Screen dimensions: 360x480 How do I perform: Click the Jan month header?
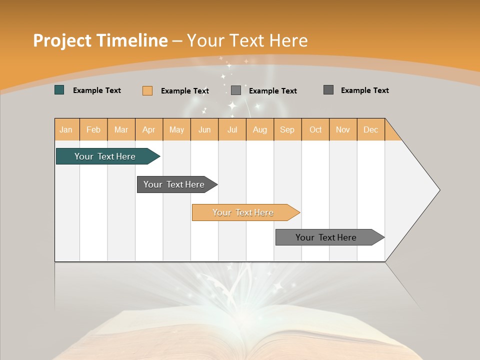tap(66, 129)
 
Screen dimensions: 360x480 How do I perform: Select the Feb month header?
tap(93, 129)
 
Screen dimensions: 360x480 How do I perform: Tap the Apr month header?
tap(148, 129)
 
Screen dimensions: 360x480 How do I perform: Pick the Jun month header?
tap(204, 129)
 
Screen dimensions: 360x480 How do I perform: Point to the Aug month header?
tap(260, 129)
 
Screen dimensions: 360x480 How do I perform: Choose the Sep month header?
tap(287, 129)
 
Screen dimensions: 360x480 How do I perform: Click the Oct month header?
tap(315, 129)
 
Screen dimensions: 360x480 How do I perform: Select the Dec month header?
tap(371, 129)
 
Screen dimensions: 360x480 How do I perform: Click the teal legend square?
tap(59, 90)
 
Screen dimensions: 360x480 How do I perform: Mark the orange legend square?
tap(147, 90)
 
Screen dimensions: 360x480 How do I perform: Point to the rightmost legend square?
tap(328, 90)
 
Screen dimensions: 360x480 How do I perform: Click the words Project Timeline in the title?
tap(100, 40)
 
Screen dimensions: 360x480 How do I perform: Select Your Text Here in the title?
tap(247, 40)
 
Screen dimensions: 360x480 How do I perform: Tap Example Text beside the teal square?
tap(97, 90)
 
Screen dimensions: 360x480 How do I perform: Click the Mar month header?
tap(121, 129)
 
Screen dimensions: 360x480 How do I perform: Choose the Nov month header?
tap(343, 129)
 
